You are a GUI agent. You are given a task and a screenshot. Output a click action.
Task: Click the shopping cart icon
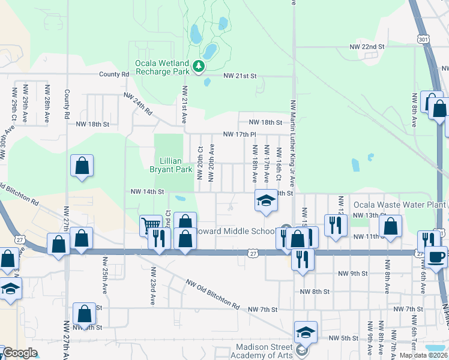(x=148, y=226)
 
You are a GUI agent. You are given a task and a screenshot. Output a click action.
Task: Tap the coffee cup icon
(x=436, y=256)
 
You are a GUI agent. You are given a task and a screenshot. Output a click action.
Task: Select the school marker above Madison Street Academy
(x=305, y=332)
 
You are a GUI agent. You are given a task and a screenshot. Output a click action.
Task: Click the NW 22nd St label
(x=367, y=46)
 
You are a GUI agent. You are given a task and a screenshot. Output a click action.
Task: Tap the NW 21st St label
(x=240, y=76)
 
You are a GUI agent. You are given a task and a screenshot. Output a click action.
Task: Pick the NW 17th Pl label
(x=240, y=134)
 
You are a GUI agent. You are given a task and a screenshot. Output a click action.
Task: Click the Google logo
(x=20, y=353)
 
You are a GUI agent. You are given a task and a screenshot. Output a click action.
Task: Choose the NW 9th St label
(x=352, y=274)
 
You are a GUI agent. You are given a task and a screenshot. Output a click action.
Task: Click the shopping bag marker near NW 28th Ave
(x=82, y=166)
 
